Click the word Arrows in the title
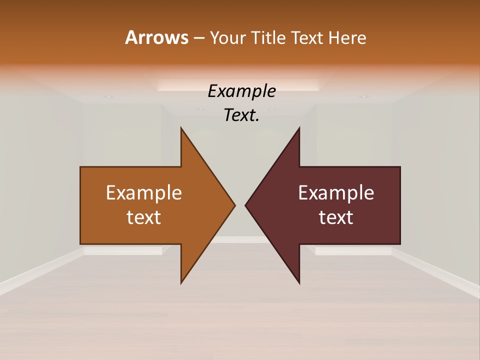click(156, 37)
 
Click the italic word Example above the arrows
click(241, 91)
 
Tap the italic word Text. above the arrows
click(241, 115)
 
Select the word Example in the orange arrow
click(144, 193)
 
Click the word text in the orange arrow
click(144, 217)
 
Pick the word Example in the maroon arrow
click(336, 193)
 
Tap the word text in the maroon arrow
click(336, 217)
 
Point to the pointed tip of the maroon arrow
click(246, 205)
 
